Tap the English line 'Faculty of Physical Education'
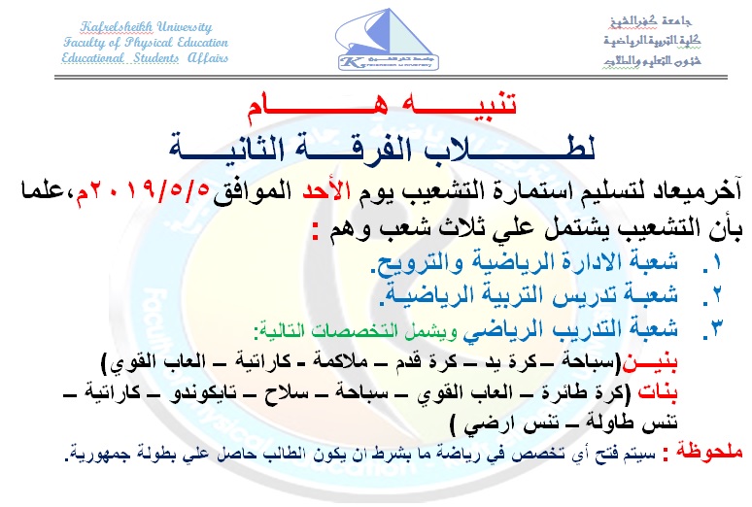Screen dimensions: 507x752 tap(145, 42)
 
